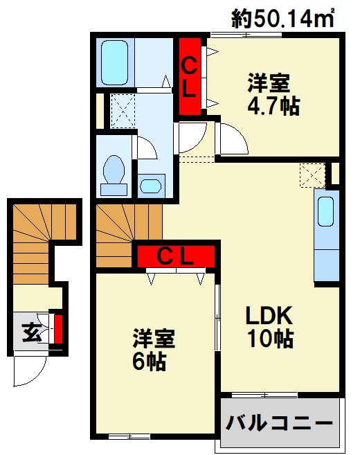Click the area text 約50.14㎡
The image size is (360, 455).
point(283,19)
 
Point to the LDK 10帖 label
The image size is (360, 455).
point(271,328)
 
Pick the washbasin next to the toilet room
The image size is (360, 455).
point(150,185)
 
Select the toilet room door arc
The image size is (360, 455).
point(146,147)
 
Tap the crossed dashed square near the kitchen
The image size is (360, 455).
point(312,174)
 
